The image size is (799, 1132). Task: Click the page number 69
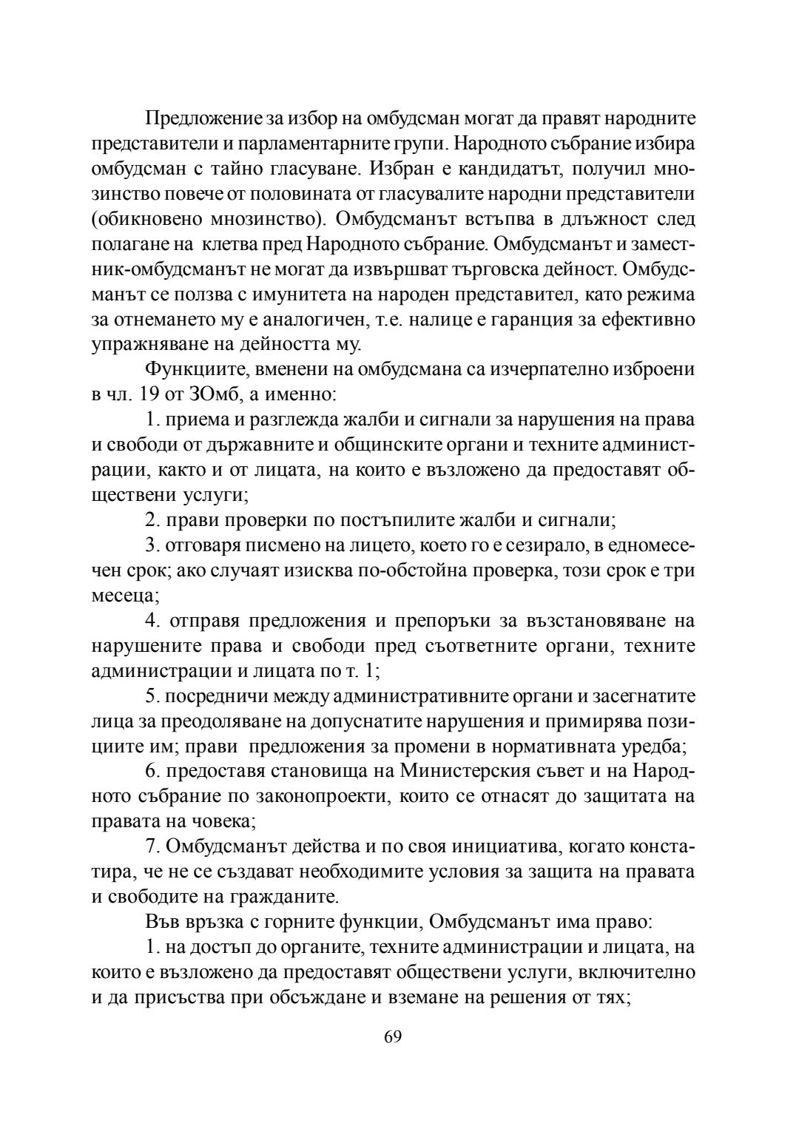(393, 1036)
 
